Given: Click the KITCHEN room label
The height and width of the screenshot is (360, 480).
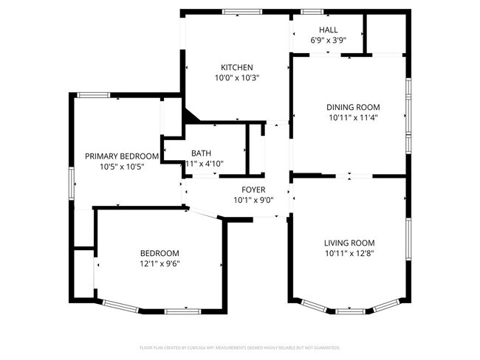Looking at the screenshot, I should (x=237, y=66).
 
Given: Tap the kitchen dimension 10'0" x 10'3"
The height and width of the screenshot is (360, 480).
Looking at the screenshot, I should (x=237, y=77).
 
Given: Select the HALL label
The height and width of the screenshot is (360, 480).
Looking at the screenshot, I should (x=329, y=30).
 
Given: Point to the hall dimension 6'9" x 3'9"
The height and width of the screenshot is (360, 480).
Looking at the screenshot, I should (x=329, y=41).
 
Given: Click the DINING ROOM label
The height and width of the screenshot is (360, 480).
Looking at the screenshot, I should (x=353, y=107).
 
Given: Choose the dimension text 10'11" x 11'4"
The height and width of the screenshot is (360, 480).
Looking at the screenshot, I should (x=353, y=117).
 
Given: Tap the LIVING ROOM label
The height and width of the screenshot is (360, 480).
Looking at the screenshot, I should (x=349, y=243).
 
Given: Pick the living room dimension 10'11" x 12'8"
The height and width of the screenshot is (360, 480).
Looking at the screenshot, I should (x=349, y=253).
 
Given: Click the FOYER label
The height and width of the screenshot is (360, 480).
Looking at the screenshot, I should (x=253, y=190).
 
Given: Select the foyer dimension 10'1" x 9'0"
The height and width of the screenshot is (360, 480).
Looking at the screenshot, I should (x=253, y=200).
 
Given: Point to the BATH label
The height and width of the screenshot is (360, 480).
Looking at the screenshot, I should (x=202, y=153).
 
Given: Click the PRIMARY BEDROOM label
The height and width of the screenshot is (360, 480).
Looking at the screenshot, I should (x=122, y=156).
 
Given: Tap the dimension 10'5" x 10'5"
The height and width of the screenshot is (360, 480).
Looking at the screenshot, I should (x=122, y=167).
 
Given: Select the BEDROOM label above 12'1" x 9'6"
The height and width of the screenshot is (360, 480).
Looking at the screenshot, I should (x=160, y=252).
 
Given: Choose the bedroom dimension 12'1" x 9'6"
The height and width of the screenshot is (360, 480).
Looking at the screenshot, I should (x=160, y=263).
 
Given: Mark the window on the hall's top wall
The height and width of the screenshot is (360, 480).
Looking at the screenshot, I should (x=312, y=11).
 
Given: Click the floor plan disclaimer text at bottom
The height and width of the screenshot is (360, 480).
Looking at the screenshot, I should (x=240, y=347).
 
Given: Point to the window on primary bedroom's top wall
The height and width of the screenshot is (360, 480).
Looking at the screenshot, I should (x=94, y=94).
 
